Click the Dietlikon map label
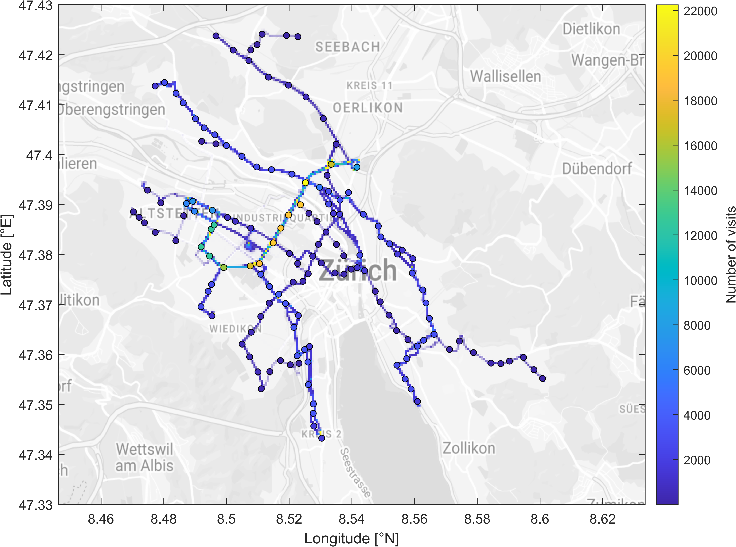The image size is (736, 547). (591, 29)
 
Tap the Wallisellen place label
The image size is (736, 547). (505, 77)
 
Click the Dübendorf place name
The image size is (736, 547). (597, 169)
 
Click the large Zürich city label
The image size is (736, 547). (357, 270)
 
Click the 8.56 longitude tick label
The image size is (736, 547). (414, 519)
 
